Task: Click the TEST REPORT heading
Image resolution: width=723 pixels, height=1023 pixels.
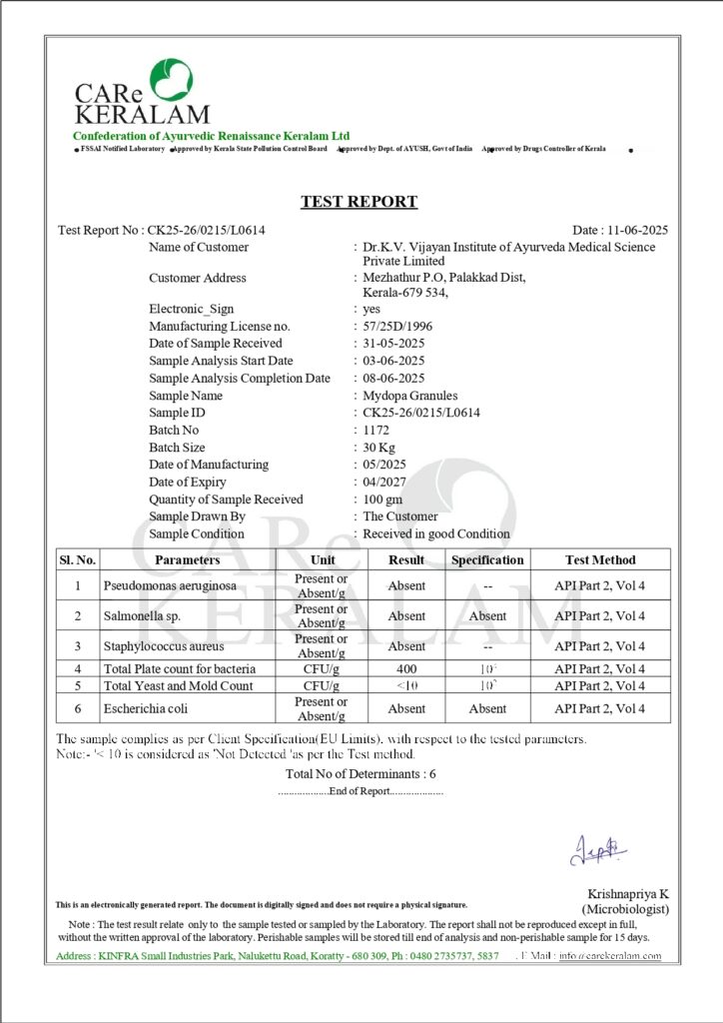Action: point(360,202)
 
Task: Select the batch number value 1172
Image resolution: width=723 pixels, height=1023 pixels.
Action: point(377,430)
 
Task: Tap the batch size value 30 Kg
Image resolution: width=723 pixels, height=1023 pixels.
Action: point(379,448)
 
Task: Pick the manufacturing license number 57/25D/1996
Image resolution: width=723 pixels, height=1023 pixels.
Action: point(397,326)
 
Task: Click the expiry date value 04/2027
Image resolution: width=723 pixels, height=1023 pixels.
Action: point(384,482)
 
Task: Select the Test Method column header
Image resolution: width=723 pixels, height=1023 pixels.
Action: point(599,559)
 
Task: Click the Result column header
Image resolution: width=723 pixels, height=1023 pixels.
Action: point(406,559)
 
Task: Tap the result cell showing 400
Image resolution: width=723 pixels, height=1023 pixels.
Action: point(406,668)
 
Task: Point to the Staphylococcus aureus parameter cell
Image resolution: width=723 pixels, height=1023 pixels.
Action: point(163,646)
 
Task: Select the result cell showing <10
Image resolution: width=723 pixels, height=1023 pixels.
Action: point(406,685)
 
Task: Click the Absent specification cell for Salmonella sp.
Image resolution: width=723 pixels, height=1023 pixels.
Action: point(487,616)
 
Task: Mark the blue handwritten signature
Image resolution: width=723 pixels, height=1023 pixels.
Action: point(598,850)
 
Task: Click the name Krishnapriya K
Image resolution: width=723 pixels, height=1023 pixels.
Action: point(627,893)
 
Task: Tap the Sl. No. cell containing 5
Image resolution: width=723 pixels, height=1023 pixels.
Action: point(78,685)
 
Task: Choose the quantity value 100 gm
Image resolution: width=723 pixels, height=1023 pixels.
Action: point(382,500)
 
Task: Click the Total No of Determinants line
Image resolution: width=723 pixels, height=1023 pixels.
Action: point(361,773)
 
